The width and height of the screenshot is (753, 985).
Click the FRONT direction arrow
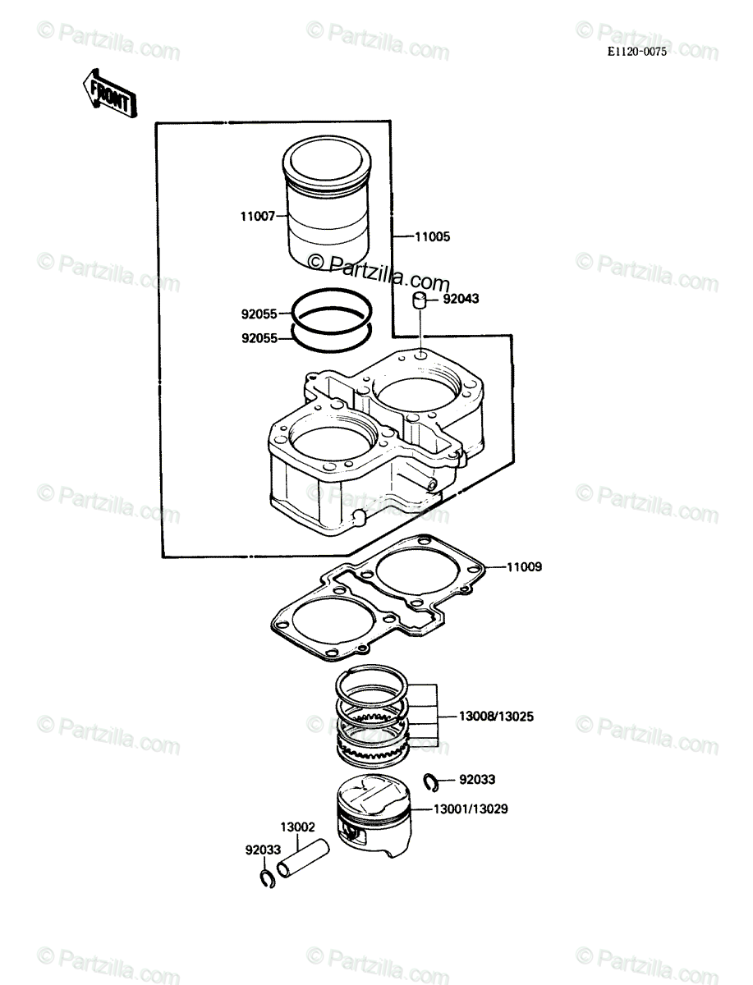(109, 94)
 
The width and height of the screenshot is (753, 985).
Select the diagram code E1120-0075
(636, 52)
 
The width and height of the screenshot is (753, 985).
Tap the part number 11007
(258, 217)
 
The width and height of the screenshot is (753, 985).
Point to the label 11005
(432, 236)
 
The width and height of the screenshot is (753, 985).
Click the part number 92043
(461, 299)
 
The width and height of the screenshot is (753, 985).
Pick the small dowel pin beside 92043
(419, 300)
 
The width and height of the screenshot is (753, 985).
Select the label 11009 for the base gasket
(524, 566)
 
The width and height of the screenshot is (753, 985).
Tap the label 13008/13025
(496, 717)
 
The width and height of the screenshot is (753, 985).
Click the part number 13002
(297, 827)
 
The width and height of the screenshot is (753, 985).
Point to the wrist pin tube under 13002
(303, 858)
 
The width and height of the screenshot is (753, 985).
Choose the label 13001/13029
(471, 809)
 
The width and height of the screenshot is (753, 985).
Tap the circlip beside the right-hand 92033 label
(431, 782)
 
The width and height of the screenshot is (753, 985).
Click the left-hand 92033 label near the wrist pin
(263, 850)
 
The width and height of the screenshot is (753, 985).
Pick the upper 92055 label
(259, 314)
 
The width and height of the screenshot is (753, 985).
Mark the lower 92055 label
(259, 338)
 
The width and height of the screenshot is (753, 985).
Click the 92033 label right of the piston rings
(477, 779)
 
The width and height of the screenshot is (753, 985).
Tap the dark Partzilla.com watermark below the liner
(379, 271)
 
